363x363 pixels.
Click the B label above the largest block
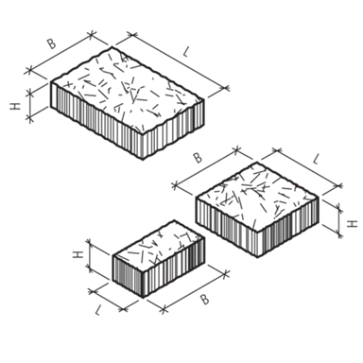[52, 44]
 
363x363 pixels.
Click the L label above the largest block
[186, 52]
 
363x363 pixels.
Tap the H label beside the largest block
[15, 106]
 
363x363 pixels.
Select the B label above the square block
[198, 158]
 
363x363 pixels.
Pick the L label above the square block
[316, 159]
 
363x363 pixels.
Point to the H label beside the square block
[353, 224]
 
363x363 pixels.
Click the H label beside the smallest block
[78, 254]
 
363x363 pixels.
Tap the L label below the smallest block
[98, 311]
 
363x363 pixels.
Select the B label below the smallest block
[205, 299]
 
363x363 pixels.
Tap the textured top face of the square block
[257, 197]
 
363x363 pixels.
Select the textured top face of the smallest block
[159, 247]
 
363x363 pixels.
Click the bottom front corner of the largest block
[142, 159]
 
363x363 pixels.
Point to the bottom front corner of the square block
[258, 257]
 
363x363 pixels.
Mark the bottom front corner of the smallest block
[144, 297]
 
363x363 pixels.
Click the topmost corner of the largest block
[112, 46]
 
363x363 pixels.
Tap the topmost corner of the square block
[257, 163]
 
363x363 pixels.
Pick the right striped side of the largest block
[173, 130]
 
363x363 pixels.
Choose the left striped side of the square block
[226, 228]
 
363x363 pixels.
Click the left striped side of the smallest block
[128, 276]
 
